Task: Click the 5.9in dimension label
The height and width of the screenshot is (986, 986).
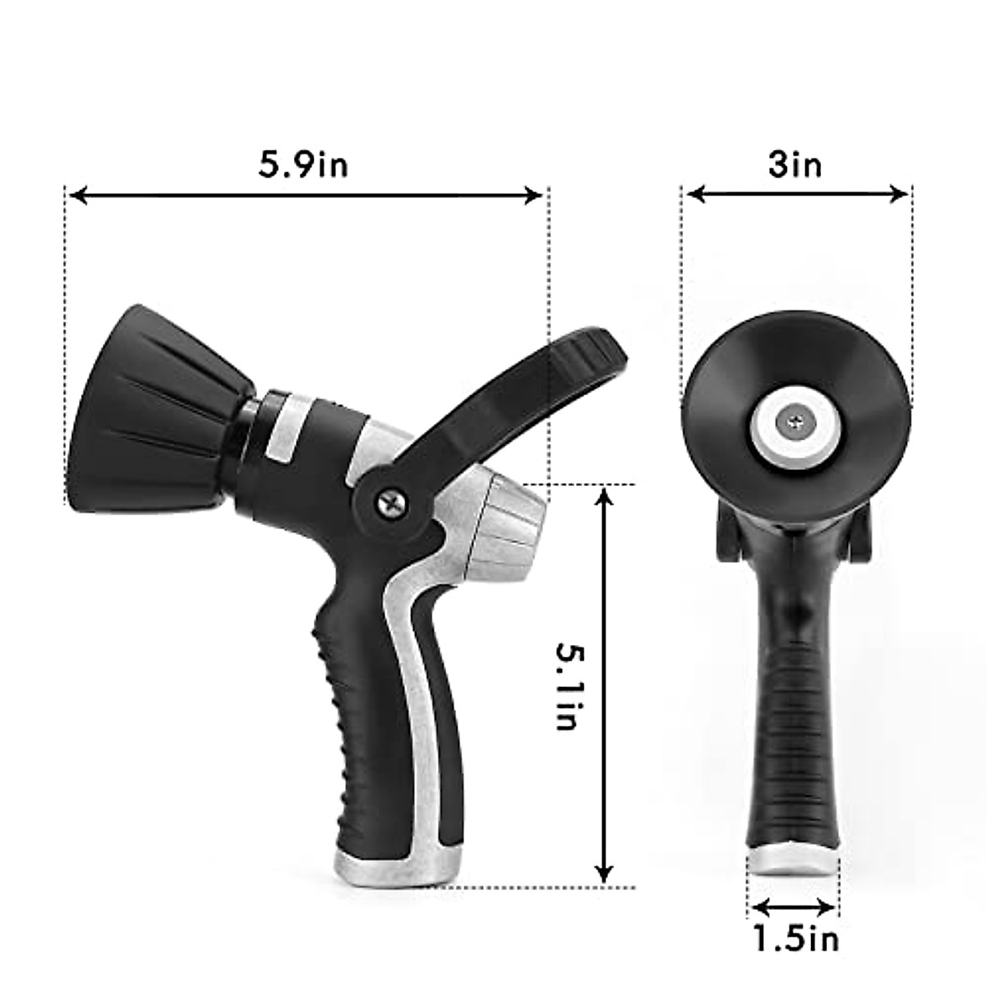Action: (x=304, y=164)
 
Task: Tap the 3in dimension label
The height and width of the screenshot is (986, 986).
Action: (x=795, y=164)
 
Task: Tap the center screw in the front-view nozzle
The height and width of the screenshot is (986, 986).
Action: (x=795, y=422)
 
